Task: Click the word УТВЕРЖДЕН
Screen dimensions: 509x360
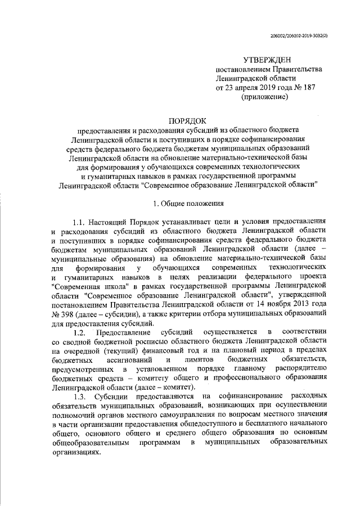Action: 267,60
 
